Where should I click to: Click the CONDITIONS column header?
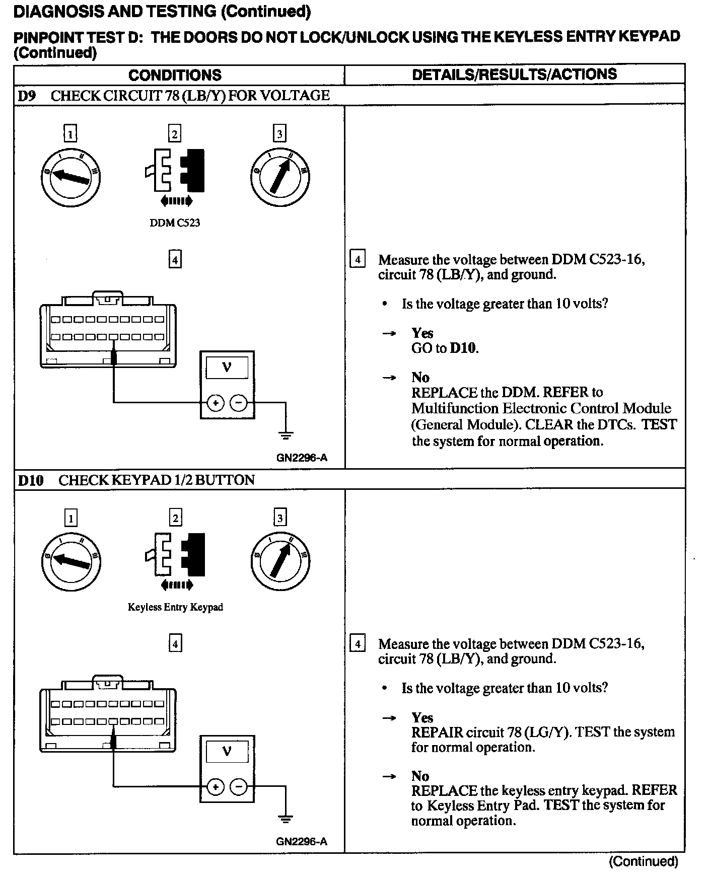pyautogui.click(x=175, y=75)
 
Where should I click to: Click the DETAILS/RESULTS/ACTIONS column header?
pyautogui.click(x=514, y=74)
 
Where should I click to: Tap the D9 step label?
pyautogui.click(x=27, y=96)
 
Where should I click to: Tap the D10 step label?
pyautogui.click(x=30, y=480)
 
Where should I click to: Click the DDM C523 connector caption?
pyautogui.click(x=175, y=223)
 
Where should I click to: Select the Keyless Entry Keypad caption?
pyautogui.click(x=175, y=607)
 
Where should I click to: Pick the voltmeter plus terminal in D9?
pyautogui.click(x=215, y=403)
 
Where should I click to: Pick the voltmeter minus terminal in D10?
pyautogui.click(x=239, y=786)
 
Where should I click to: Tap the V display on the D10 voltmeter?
pyautogui.click(x=227, y=752)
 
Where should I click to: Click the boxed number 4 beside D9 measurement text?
pyautogui.click(x=357, y=260)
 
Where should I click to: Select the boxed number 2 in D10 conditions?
pyautogui.click(x=175, y=518)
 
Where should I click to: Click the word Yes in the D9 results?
pyautogui.click(x=422, y=333)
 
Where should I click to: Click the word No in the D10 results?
pyautogui.click(x=420, y=776)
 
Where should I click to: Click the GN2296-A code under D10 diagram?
pyautogui.click(x=302, y=841)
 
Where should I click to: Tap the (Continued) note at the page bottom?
pyautogui.click(x=644, y=861)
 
